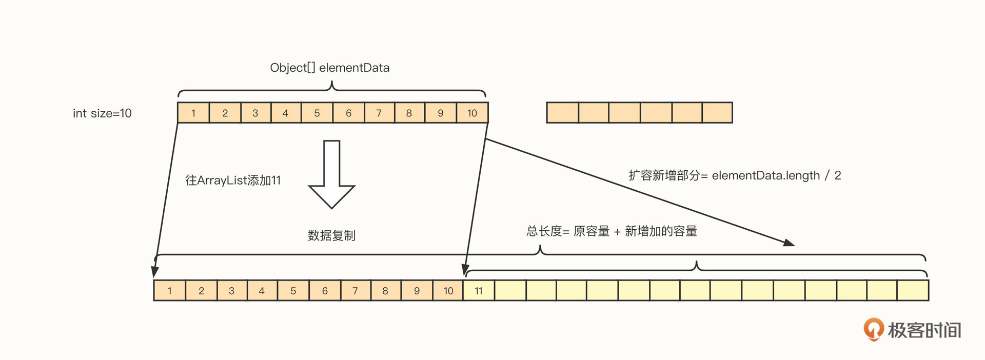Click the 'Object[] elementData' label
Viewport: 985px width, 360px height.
329,68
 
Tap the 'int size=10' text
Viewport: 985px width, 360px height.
102,113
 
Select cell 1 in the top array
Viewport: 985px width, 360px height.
193,113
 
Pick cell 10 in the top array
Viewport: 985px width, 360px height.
472,113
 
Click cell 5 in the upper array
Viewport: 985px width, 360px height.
317,113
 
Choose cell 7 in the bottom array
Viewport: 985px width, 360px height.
355,291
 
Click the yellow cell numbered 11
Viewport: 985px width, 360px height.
479,291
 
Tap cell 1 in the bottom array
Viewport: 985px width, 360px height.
170,291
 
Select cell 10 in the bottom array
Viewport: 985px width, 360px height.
448,291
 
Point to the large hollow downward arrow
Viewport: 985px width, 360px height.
331,174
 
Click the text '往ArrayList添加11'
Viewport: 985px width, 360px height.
233,181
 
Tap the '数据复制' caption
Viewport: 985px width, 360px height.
331,235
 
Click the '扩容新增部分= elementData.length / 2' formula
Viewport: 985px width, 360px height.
735,175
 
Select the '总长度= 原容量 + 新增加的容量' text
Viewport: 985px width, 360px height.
612,231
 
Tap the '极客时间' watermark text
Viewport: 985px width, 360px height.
924,330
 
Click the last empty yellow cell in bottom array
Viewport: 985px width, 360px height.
913,291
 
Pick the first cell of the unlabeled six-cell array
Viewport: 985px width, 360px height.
562,113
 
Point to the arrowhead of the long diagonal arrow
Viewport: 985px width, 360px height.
790,243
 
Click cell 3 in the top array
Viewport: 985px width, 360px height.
255,113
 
